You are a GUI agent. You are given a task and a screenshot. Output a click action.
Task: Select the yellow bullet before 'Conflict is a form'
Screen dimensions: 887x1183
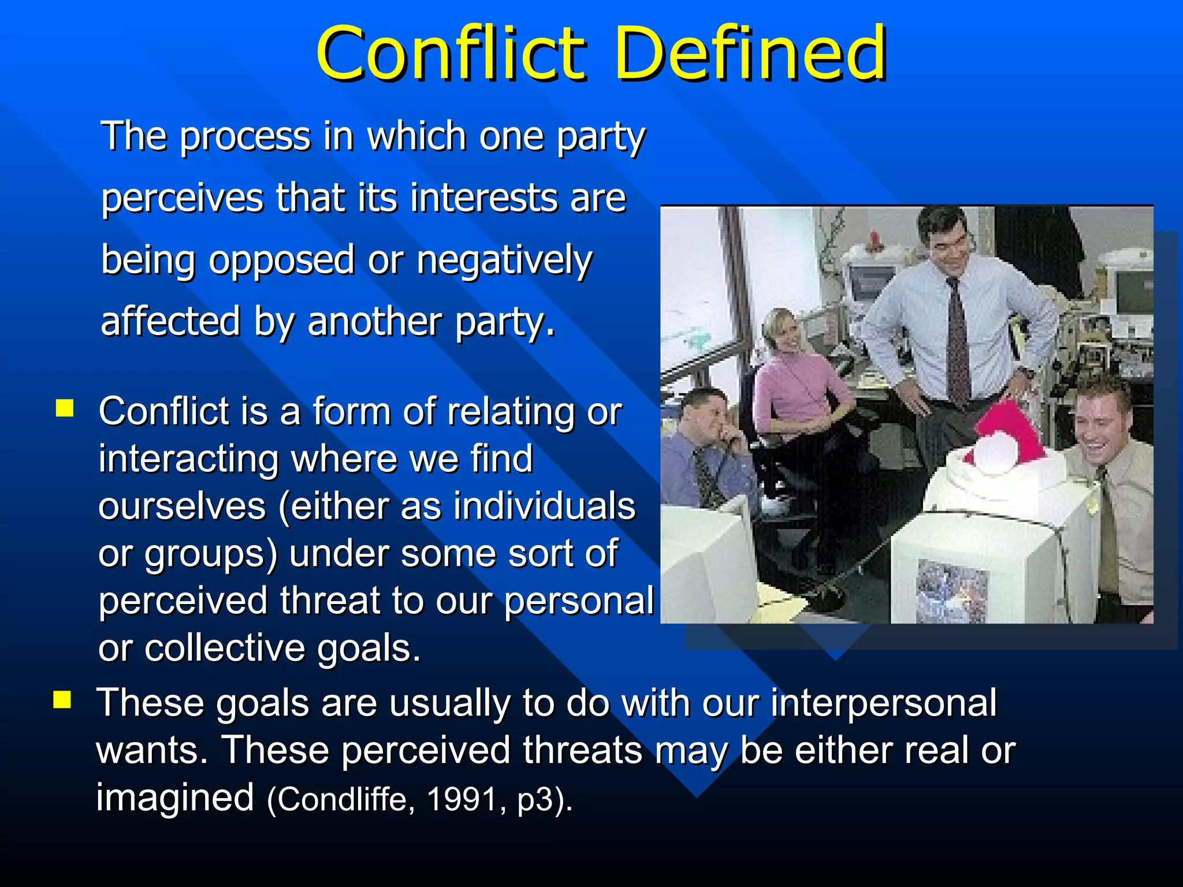(x=65, y=408)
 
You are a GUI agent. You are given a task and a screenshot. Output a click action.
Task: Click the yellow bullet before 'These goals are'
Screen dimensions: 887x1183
(x=62, y=700)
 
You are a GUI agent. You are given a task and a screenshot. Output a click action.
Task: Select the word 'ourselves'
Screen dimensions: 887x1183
(x=181, y=506)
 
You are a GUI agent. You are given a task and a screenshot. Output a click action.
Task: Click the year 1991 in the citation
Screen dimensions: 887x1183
(x=462, y=800)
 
